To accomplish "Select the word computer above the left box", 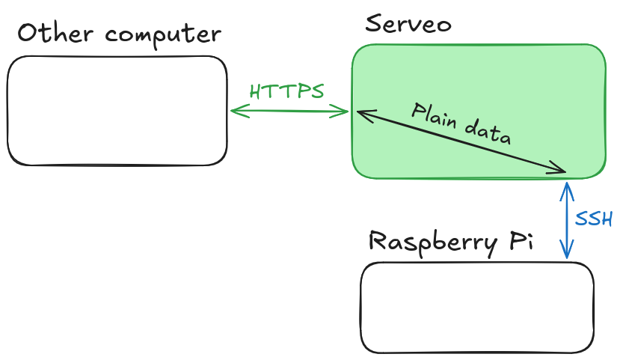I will [165, 35].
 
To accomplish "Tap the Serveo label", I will [408, 24].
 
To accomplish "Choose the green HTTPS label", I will [286, 92].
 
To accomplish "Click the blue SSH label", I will [594, 219].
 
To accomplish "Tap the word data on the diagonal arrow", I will [488, 133].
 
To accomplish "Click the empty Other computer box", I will [117, 111].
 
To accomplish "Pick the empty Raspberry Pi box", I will [476, 307].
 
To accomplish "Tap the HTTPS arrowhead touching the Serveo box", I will [345, 112].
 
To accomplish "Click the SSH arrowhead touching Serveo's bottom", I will [567, 186].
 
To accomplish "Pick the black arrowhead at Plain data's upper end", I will [360, 114].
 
